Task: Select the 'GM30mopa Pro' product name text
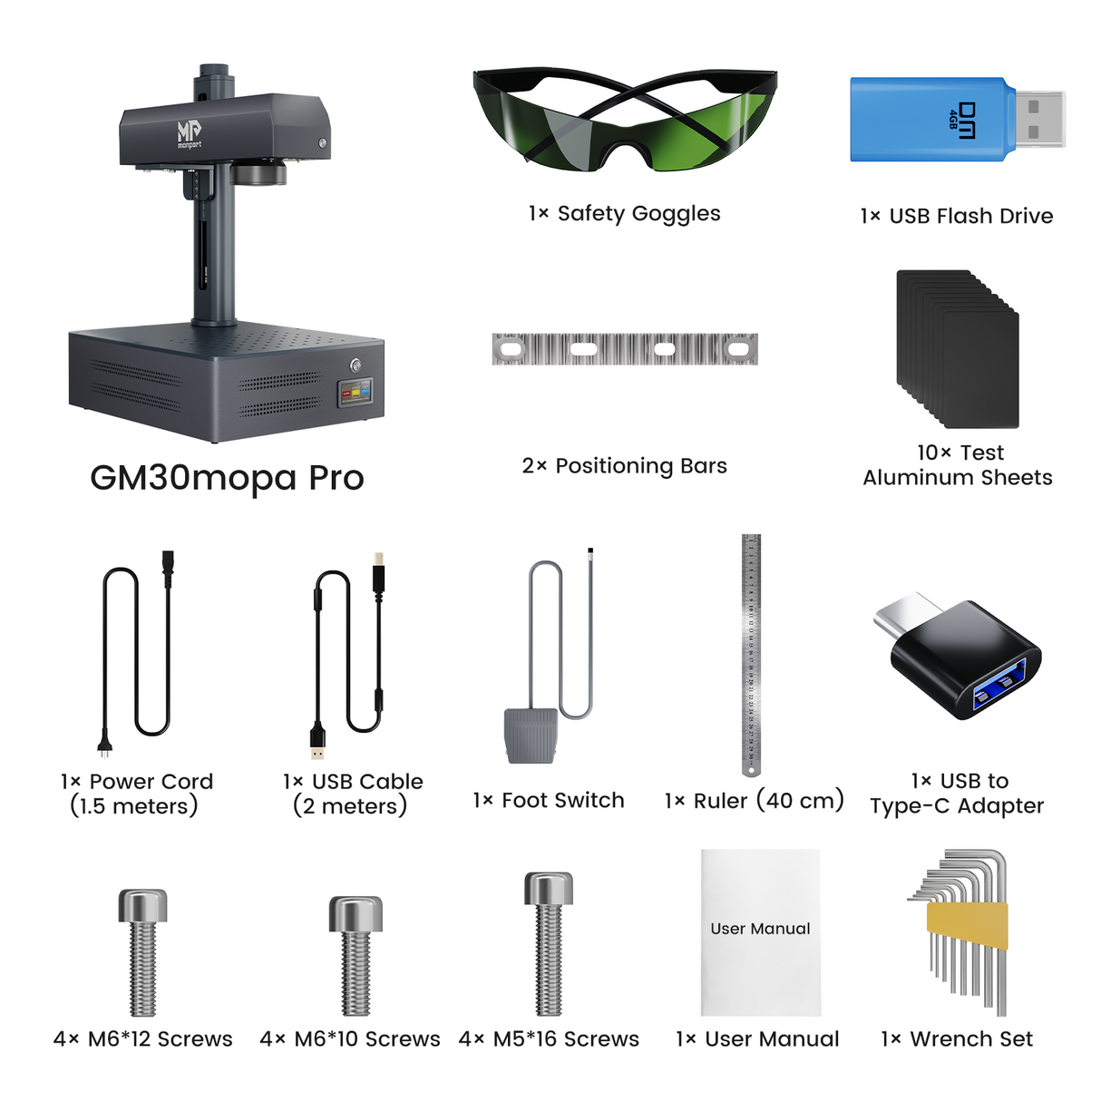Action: click(227, 478)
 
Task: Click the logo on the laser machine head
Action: click(189, 133)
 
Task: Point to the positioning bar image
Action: click(624, 349)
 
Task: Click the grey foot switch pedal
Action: click(529, 735)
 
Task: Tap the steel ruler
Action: click(751, 653)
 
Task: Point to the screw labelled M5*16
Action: click(549, 943)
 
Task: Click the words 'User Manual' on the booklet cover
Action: click(760, 929)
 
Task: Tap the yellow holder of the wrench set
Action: click(967, 925)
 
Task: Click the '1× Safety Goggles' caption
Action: click(624, 214)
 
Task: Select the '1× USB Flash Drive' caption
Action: click(957, 216)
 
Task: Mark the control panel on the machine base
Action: click(356, 393)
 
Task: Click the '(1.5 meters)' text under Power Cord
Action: click(134, 806)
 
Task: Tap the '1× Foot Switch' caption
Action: click(549, 800)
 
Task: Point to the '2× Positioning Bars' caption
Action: click(624, 466)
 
